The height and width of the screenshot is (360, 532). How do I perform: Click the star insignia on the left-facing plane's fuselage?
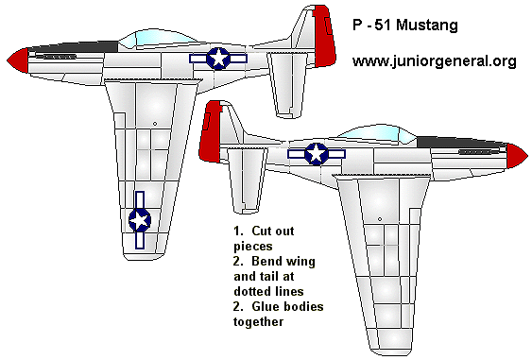point(218,59)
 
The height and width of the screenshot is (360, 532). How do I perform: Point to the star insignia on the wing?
point(139,220)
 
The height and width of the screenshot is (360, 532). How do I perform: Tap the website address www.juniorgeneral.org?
point(434,61)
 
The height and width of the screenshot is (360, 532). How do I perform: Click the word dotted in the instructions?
point(251,291)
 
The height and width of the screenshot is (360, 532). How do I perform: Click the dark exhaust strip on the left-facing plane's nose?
point(56,60)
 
